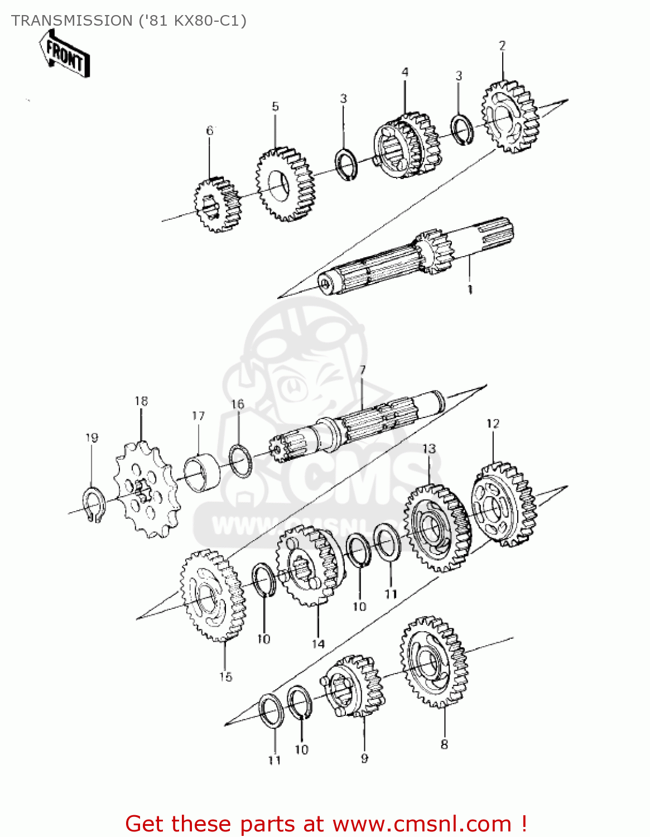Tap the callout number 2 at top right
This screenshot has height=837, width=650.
502,46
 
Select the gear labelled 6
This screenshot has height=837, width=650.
216,205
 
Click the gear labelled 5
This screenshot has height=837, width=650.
285,184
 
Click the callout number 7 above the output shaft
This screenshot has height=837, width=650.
363,370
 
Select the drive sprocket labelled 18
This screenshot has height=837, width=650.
146,489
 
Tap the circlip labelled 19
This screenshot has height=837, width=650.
94,505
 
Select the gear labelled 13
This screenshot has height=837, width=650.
437,527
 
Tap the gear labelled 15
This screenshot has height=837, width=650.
213,595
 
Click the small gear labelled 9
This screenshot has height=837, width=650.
354,686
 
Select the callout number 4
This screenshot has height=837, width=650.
405,72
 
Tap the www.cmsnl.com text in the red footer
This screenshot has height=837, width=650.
422,824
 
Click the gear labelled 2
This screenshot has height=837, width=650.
510,117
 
